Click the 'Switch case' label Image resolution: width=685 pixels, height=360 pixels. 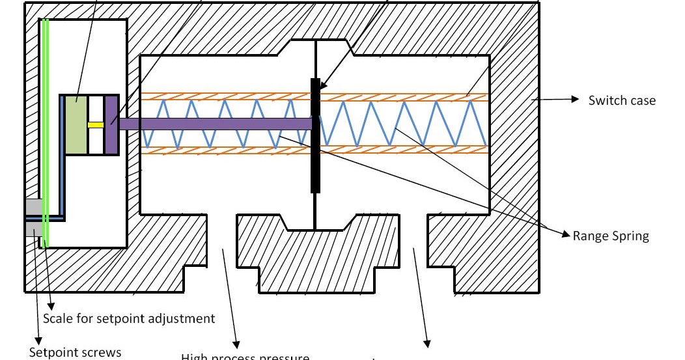[622, 100]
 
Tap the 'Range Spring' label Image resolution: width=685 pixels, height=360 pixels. [611, 236]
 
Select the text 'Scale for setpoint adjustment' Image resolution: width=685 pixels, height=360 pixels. [128, 318]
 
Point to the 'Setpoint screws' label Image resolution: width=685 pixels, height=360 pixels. [75, 352]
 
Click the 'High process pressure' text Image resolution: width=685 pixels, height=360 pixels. [245, 357]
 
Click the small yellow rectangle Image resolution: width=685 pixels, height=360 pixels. [96, 124]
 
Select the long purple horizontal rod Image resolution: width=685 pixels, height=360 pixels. [215, 124]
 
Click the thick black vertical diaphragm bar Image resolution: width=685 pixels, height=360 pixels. [315, 135]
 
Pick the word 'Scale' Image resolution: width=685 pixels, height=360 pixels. [57, 318]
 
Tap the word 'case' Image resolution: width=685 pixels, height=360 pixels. [642, 100]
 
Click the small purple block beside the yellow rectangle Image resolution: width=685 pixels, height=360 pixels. [111, 125]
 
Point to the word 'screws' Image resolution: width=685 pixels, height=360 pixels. [99, 352]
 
